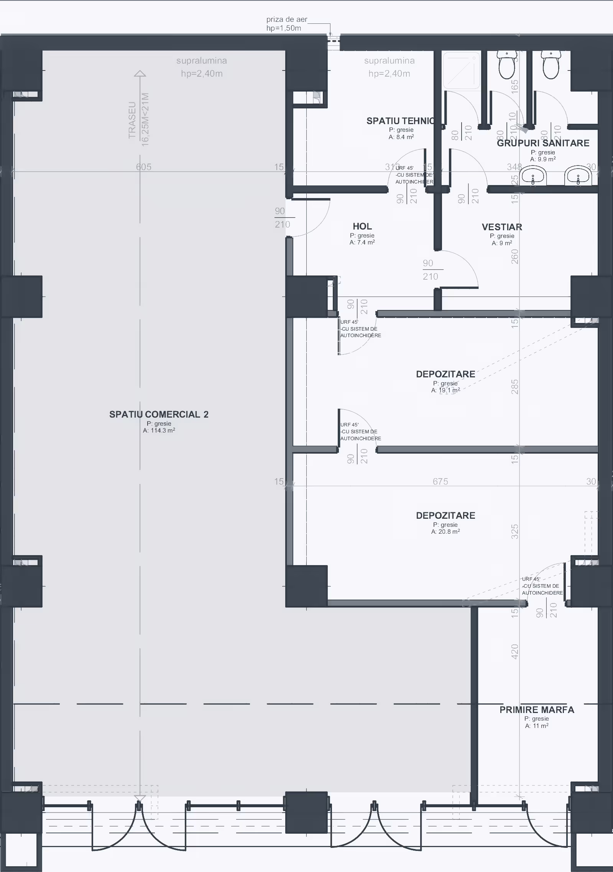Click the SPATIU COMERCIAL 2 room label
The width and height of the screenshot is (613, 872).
tap(159, 414)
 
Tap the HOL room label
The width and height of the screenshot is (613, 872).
tap(362, 226)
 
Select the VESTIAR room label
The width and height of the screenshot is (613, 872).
tap(502, 227)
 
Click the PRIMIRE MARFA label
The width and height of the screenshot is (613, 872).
tap(537, 710)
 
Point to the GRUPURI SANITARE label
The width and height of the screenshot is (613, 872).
tap(543, 143)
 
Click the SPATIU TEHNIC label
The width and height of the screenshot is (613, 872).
tap(401, 121)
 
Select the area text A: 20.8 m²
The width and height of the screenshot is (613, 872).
tap(445, 532)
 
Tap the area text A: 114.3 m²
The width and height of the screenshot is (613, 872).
tap(159, 431)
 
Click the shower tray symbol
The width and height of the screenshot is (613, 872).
tap(462, 70)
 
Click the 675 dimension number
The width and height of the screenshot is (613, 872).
tap(440, 481)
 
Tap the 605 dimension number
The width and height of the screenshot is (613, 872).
tap(143, 167)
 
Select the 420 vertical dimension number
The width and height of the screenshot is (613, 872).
tap(515, 651)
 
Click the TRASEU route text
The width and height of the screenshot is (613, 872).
tap(132, 120)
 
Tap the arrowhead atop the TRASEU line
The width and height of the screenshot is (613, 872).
tap(140, 73)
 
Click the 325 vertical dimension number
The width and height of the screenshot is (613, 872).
tap(515, 532)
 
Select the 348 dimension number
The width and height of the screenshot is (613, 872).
tap(514, 167)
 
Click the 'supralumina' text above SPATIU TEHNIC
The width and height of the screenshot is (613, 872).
tap(389, 61)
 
